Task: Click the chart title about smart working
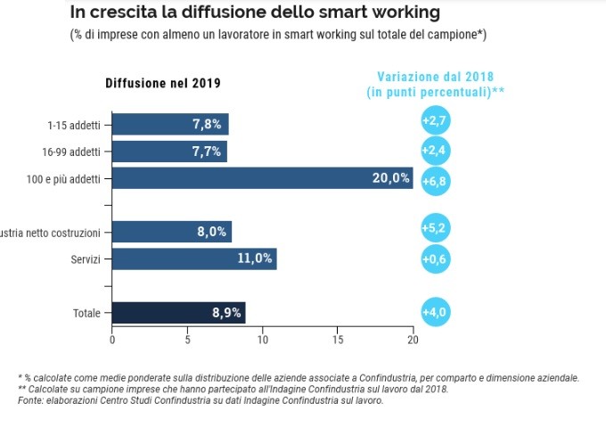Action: (254, 13)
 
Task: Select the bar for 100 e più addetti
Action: (262, 178)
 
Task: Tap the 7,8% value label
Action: (207, 125)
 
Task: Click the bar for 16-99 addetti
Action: (169, 152)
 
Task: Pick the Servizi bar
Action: (194, 259)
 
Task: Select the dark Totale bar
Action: (178, 313)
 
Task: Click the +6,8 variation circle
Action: (435, 181)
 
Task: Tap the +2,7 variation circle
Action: (435, 119)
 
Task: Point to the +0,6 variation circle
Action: (435, 259)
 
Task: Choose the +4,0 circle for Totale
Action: (435, 312)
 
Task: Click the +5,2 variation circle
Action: (435, 229)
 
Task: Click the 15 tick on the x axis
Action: (338, 340)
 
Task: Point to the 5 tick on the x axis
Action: (187, 340)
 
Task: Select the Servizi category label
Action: (86, 259)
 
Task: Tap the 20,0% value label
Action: (390, 178)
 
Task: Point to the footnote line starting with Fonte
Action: (201, 401)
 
